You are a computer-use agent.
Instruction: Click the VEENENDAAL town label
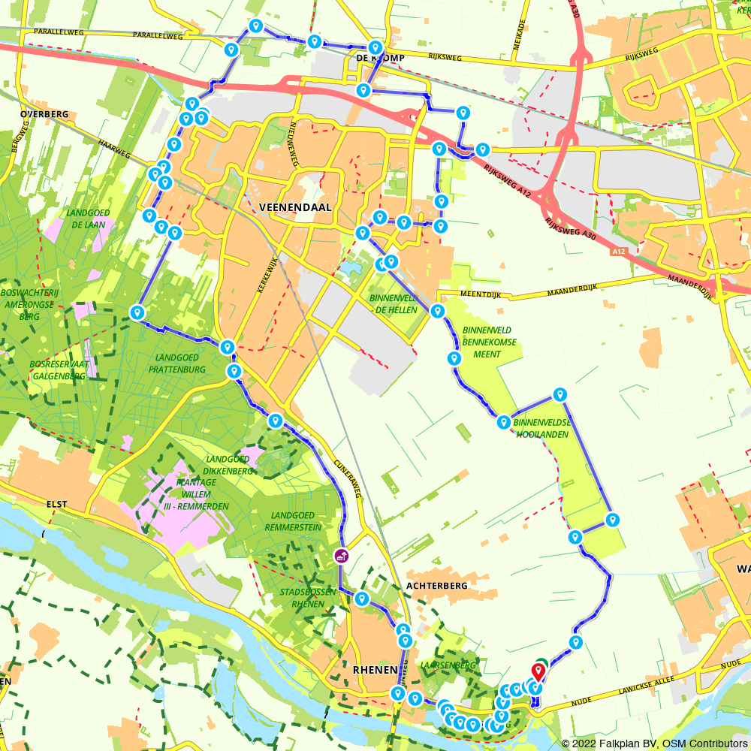pyautogui.click(x=294, y=207)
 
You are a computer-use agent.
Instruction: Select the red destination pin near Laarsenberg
pyautogui.click(x=539, y=671)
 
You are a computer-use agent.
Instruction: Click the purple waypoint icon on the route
pyautogui.click(x=341, y=556)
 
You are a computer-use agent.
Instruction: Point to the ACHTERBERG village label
pyautogui.click(x=436, y=585)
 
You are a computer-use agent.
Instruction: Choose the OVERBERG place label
pyautogui.click(x=45, y=114)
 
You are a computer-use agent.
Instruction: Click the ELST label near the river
pyautogui.click(x=57, y=505)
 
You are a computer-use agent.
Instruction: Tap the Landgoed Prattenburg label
pyautogui.click(x=177, y=363)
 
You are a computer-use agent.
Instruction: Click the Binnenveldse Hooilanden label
pyautogui.click(x=542, y=429)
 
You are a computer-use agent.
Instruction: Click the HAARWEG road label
pyautogui.click(x=114, y=148)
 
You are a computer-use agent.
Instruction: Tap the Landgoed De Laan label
pyautogui.click(x=88, y=219)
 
